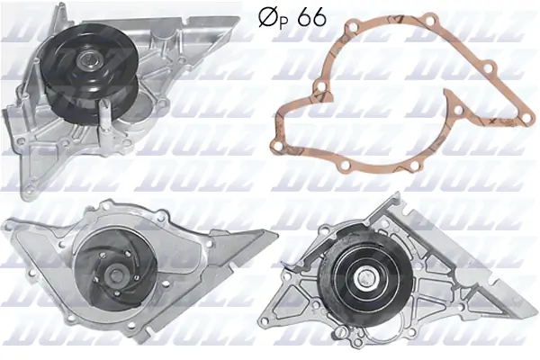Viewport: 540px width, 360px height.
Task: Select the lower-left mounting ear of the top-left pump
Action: tap(13, 121)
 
